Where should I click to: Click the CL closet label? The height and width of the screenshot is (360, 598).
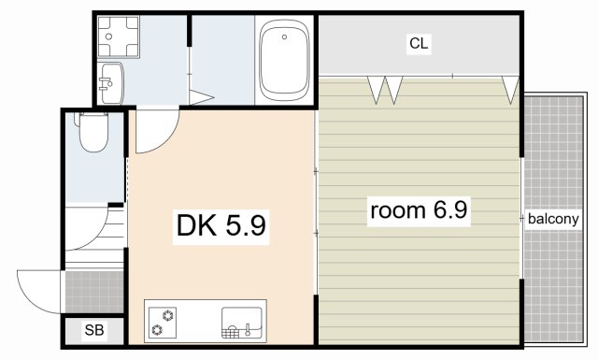[x=419, y=44]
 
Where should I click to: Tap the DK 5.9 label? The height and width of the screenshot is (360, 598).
[x=221, y=225]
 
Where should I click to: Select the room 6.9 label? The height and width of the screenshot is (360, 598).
[x=419, y=210]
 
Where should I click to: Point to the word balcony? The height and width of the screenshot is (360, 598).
[x=553, y=219]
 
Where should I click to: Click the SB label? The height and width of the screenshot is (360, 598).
[x=94, y=330]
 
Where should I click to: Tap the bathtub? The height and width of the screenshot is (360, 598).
[x=284, y=60]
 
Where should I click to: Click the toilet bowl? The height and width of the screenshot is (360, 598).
[x=93, y=132]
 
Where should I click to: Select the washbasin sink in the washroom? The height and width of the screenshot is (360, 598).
[x=110, y=83]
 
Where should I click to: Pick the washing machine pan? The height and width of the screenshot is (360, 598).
[x=119, y=36]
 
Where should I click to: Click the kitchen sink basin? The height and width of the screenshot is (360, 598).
[x=242, y=323]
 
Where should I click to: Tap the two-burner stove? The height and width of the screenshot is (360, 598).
[x=163, y=323]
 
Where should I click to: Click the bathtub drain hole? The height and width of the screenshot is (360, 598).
[x=284, y=37]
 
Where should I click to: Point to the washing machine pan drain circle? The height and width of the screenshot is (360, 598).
[x=109, y=36]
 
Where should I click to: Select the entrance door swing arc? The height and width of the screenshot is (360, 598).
[x=29, y=297]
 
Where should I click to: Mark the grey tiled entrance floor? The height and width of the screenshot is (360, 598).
[x=94, y=292]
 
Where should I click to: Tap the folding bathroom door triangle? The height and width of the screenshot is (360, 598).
[x=200, y=97]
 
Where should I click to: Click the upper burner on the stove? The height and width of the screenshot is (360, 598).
[x=168, y=315]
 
